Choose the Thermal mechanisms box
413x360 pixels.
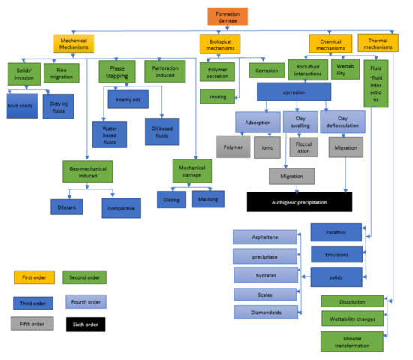378,44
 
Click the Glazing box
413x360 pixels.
170,199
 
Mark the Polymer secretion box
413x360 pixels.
218,72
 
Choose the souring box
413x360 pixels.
218,96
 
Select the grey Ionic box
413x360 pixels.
268,147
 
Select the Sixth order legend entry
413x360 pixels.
84,325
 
